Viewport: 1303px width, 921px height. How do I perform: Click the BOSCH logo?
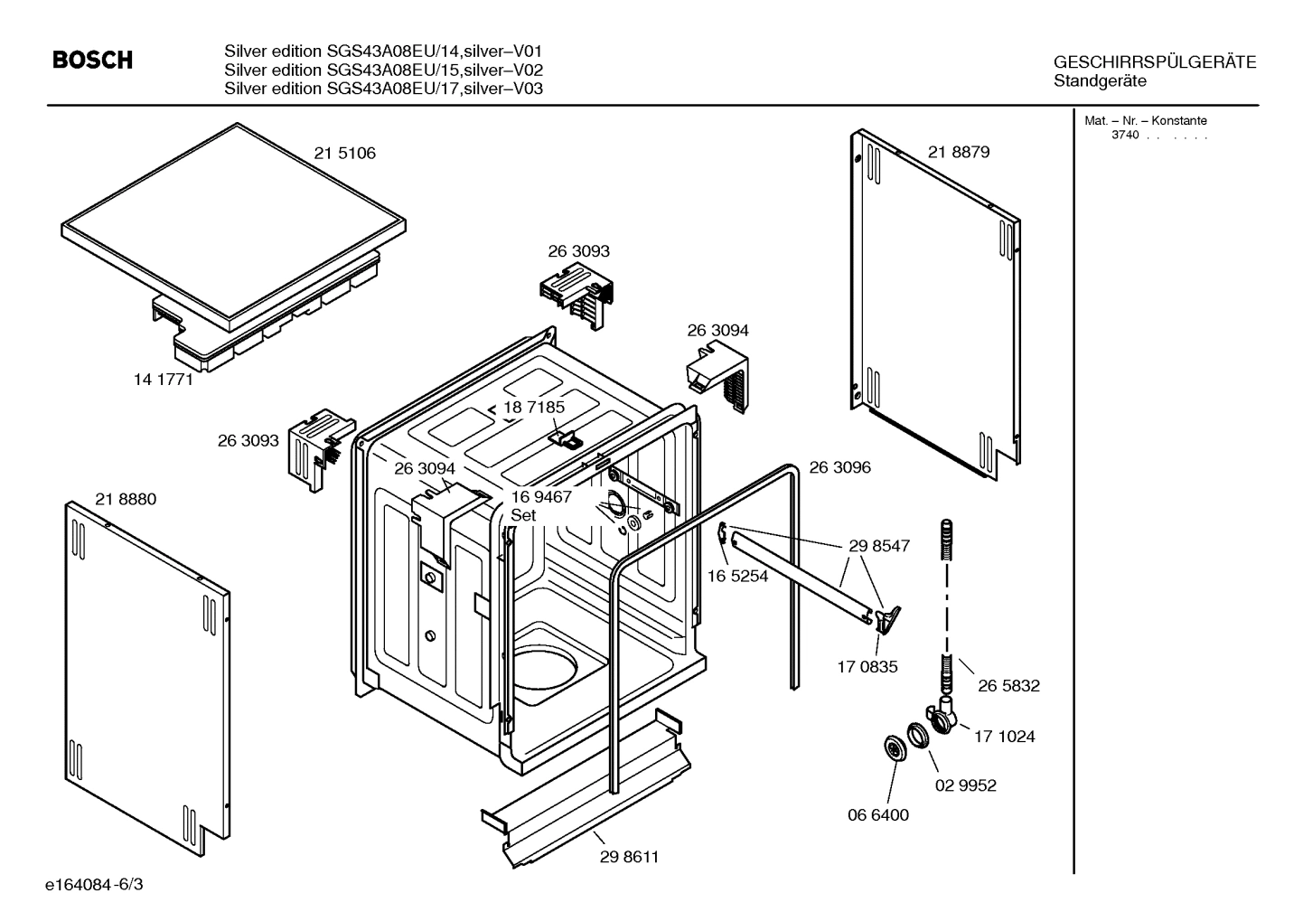92,61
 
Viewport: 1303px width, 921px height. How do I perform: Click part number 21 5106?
344,154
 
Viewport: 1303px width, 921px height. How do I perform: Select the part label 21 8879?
958,152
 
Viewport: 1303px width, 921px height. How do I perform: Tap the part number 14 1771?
164,380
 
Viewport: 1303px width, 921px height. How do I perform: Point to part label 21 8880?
126,499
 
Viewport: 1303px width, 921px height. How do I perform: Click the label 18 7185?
534,408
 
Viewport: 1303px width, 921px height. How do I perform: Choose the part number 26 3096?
839,467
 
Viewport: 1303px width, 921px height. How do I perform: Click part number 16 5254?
737,576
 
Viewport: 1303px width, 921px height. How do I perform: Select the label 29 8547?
878,546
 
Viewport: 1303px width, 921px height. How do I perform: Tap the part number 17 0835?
867,667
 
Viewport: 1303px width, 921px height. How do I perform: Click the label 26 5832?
1008,686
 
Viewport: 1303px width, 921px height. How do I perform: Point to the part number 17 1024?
1004,737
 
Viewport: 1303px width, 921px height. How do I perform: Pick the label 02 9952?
965,785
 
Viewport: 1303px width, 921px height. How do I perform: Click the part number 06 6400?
877,814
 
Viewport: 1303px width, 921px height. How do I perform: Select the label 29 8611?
629,857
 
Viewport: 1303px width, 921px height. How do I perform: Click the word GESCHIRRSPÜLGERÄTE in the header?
1154,62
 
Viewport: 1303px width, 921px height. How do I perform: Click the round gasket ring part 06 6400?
895,748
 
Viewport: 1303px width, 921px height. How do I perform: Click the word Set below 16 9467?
523,515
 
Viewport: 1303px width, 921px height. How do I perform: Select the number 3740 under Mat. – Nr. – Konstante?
1124,136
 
